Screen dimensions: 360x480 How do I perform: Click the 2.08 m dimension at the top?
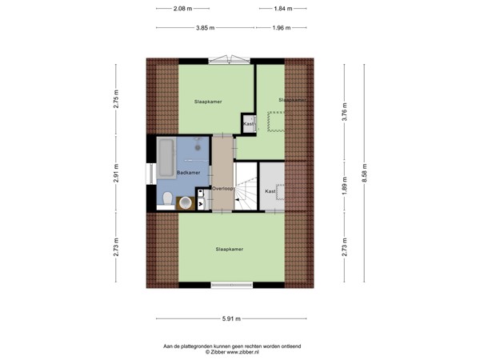coord(182,9)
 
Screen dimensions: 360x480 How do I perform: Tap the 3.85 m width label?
coord(206,28)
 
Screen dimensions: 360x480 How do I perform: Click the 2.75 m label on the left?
coord(116,97)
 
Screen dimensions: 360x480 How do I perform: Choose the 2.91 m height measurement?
coord(116,174)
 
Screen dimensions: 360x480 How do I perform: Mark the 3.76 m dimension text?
coord(344,110)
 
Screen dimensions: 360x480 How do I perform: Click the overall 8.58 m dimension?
coord(364,173)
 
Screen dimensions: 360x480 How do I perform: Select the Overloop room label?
coord(222,189)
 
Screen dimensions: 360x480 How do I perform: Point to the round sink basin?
coord(186,202)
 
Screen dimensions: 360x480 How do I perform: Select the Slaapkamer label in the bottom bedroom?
coord(230,249)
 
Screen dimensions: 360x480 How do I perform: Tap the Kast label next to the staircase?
coord(270,191)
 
